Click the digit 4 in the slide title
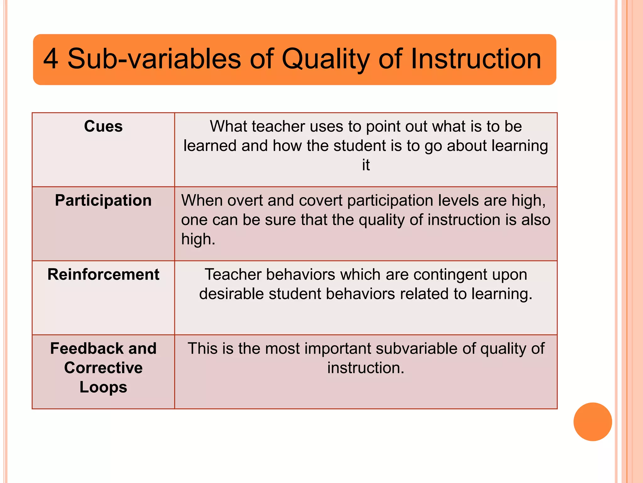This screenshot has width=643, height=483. pos(51,59)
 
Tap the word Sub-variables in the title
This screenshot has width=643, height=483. pos(154,59)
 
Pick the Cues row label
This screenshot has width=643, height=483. pos(103,126)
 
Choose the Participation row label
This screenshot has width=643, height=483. pos(103,201)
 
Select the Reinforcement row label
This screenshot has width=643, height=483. pos(103,275)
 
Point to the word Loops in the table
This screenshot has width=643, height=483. pos(103,387)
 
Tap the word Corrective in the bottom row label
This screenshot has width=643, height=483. pos(103,368)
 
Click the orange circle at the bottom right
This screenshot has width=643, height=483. pos(592,422)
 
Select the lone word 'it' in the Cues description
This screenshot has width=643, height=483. pos(366,165)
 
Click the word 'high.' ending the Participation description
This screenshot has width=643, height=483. pos(198,239)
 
